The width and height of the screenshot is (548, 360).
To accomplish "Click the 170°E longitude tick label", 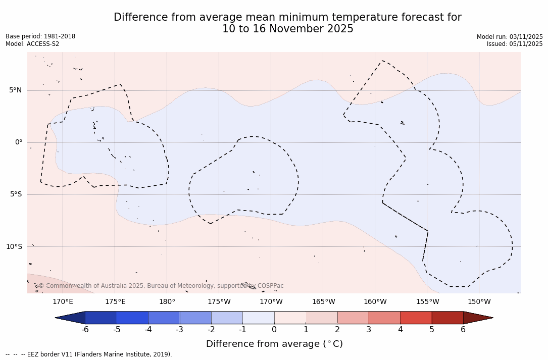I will [63, 302].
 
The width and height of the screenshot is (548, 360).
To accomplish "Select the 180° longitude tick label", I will [167, 302].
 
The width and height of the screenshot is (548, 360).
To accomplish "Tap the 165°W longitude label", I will [323, 302].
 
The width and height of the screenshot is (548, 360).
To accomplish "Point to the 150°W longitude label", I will [479, 302].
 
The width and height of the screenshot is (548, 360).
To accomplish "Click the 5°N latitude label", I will [15, 90].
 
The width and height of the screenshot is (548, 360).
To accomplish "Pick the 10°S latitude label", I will [14, 246].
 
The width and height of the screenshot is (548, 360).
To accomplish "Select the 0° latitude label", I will [19, 142].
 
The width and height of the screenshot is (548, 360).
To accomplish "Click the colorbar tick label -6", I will [85, 330].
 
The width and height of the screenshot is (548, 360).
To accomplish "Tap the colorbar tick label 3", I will [369, 330].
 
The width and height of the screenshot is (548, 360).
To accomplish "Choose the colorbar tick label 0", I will [274, 330].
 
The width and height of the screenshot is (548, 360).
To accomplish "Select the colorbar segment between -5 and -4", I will [132, 318].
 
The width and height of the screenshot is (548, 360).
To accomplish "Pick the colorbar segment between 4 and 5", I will [416, 318].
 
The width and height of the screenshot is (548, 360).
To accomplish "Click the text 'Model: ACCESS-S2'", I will [32, 44].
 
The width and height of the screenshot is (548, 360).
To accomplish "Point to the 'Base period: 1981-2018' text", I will [40, 36].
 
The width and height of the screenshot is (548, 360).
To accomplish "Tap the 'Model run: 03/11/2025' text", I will [510, 37].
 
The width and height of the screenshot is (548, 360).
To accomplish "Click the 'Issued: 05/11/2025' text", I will [515, 44].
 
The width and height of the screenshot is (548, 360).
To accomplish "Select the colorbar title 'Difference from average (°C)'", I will [274, 344].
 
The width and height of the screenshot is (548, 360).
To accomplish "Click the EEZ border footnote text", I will [89, 354].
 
